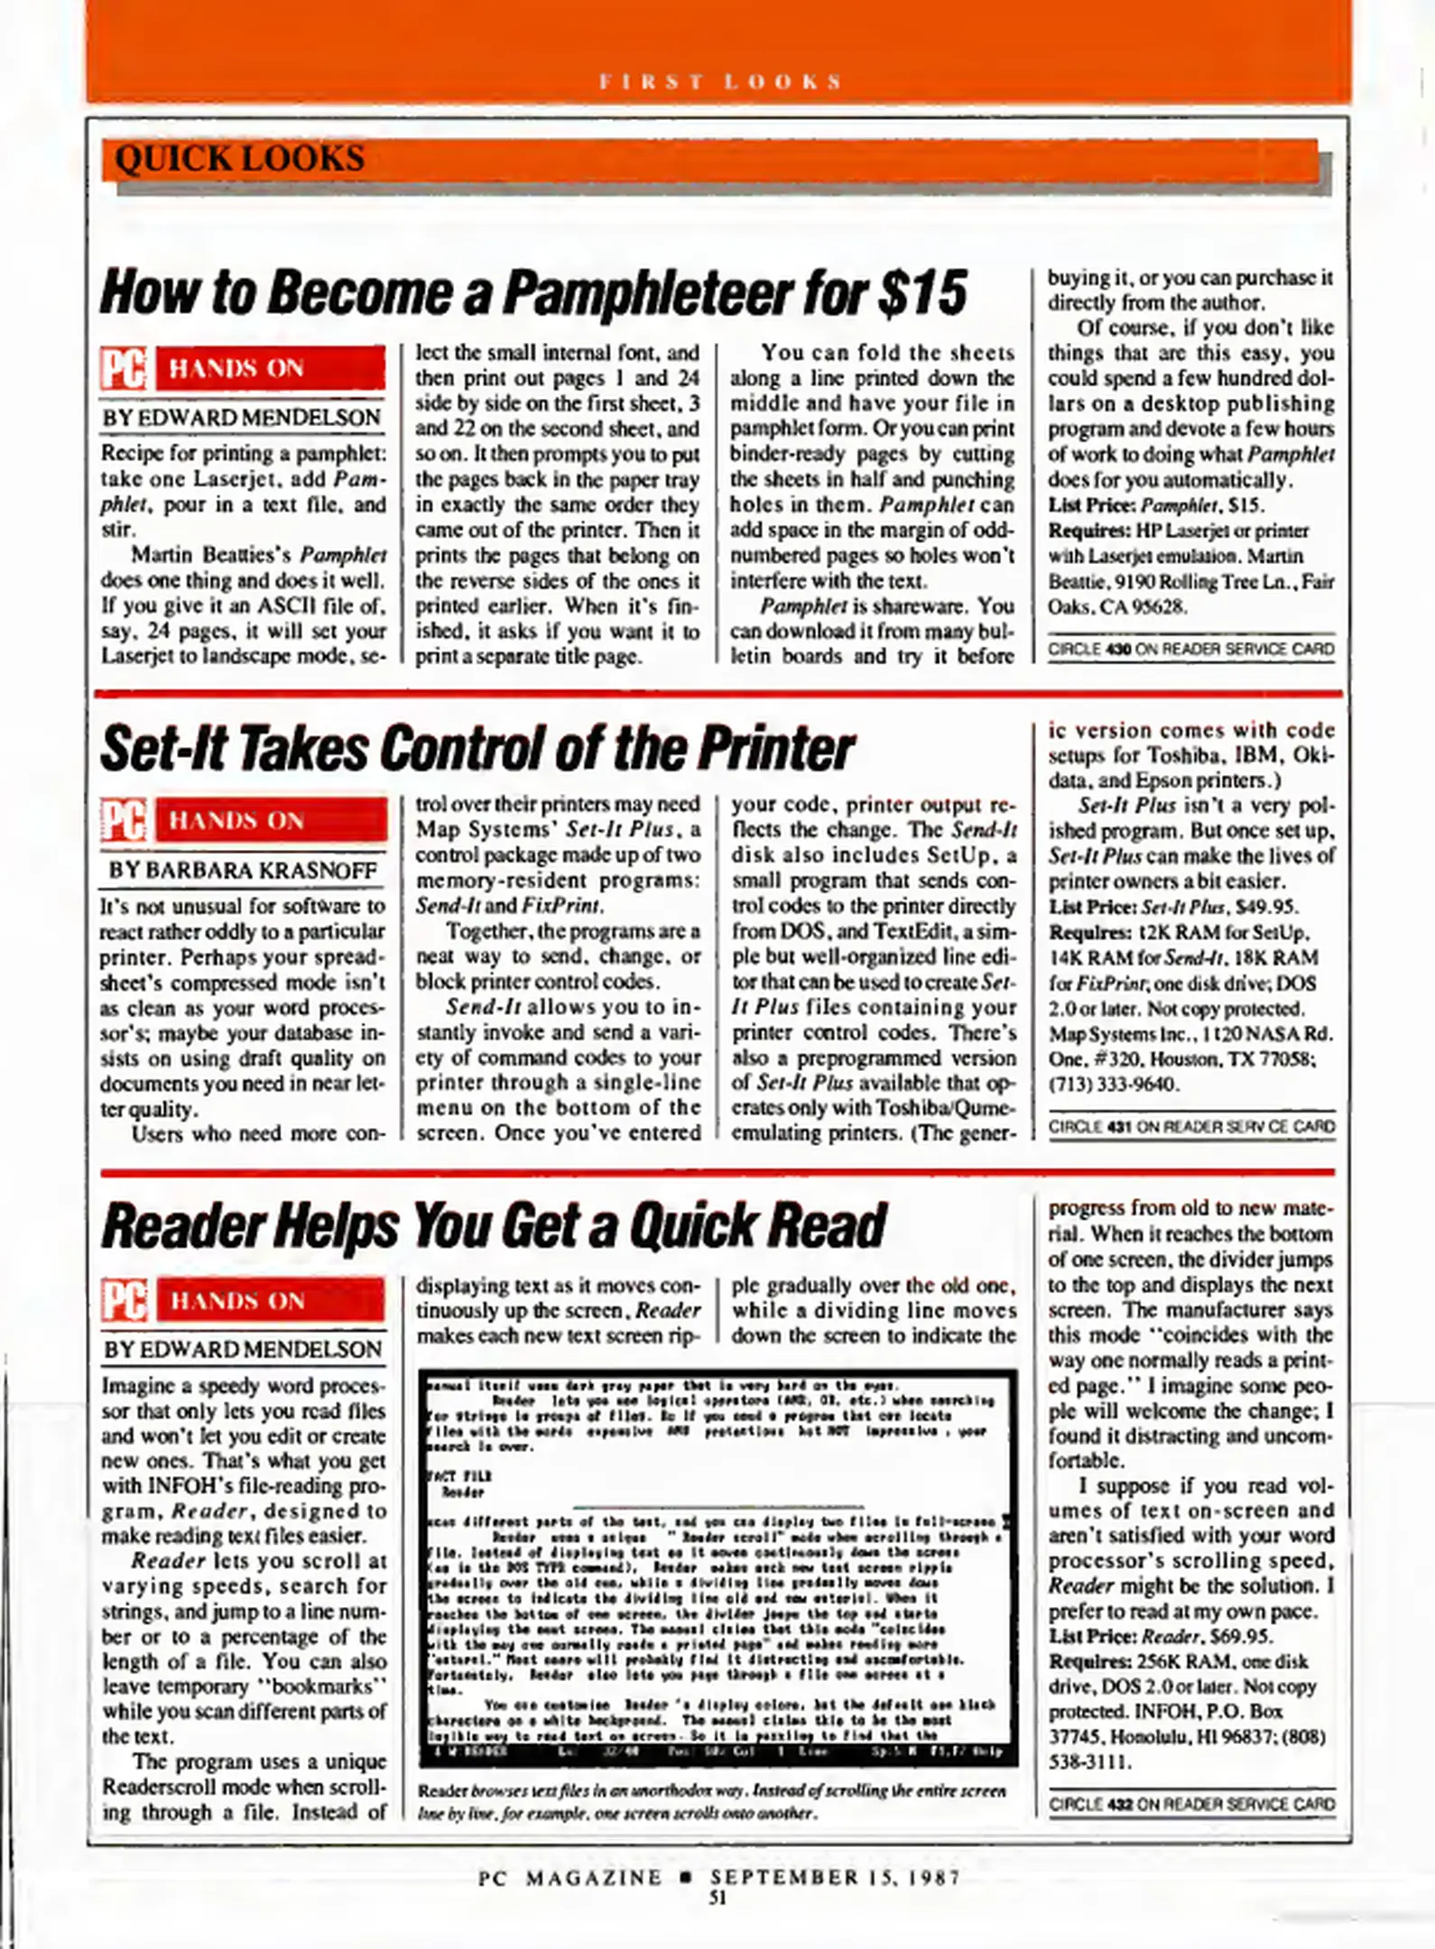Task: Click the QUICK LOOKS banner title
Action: pos(240,159)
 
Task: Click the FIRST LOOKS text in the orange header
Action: pos(720,82)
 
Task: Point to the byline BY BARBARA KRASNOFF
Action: pos(243,871)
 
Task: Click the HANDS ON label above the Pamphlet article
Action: pos(236,368)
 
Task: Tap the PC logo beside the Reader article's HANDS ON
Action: pos(125,1301)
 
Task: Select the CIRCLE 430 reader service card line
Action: pos(1190,649)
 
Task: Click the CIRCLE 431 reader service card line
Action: pos(1190,1126)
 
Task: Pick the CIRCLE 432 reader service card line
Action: pos(1190,1804)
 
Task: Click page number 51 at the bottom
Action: pos(717,1898)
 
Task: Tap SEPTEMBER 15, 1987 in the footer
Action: pos(834,1878)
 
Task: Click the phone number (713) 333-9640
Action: pos(1113,1084)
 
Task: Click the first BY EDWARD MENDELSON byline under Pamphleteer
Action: pos(241,418)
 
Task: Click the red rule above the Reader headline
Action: pos(717,1172)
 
